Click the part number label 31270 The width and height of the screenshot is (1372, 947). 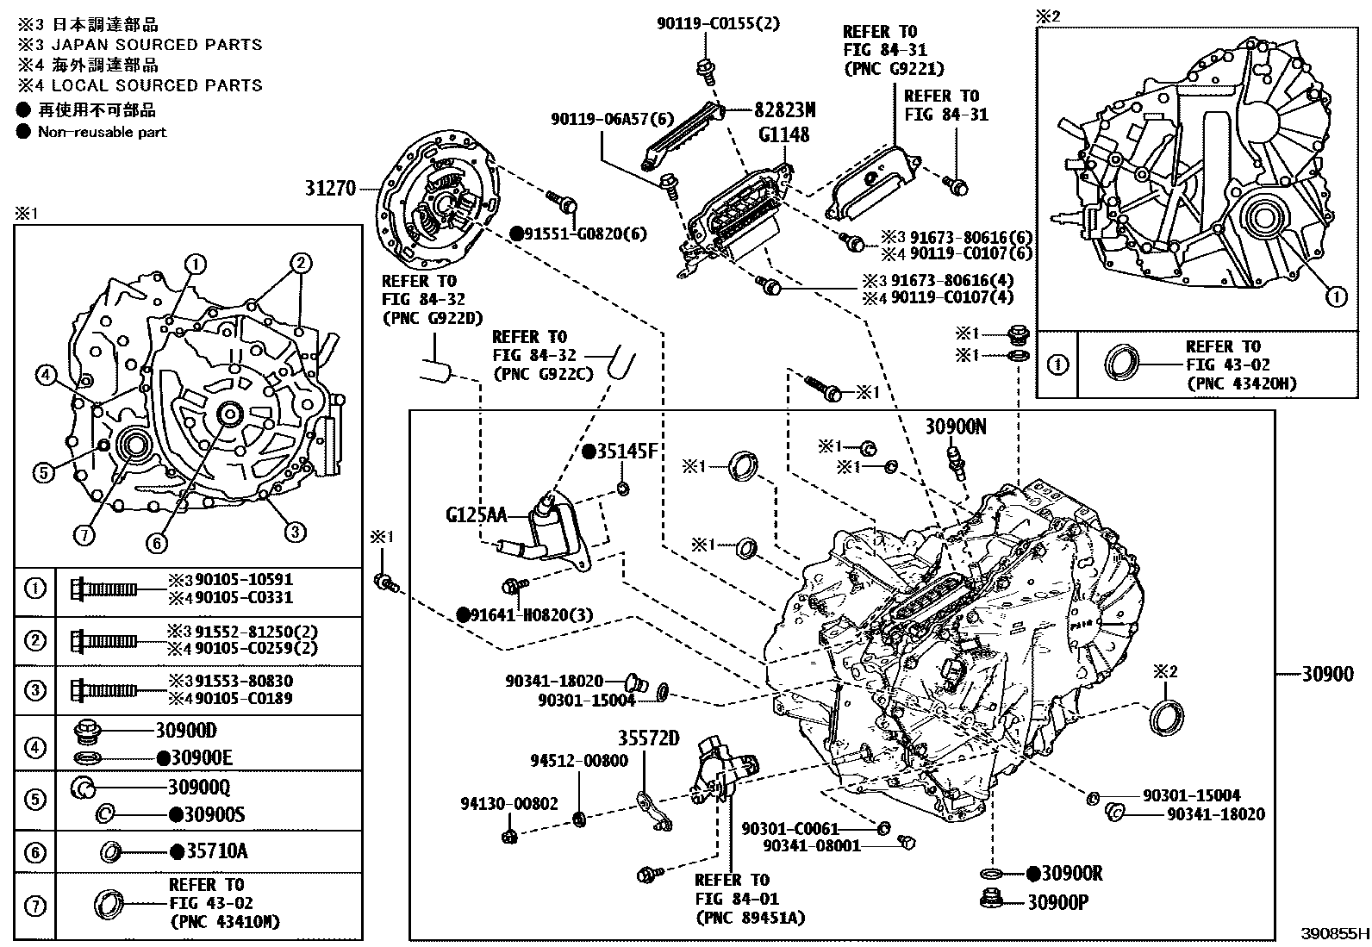330,187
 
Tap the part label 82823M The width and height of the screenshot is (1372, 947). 784,109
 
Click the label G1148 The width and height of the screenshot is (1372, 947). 783,134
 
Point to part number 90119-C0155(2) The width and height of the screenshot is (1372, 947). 717,23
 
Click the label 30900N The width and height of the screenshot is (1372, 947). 956,426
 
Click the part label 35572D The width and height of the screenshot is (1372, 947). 647,738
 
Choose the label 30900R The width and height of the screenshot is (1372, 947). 1071,874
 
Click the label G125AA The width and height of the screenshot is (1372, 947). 477,515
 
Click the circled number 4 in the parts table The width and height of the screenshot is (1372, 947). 34,747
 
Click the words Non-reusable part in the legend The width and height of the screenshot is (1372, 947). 102,132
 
